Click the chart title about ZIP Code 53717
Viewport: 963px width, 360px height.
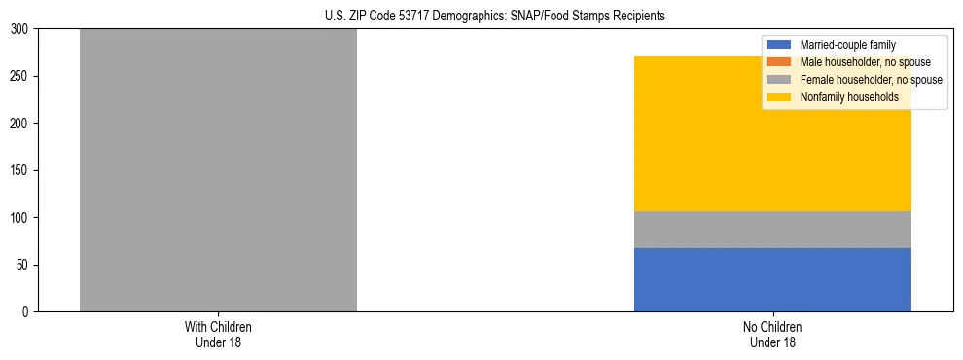click(x=495, y=17)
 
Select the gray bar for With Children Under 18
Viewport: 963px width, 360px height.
click(x=218, y=170)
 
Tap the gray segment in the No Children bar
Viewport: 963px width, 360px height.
click(x=772, y=230)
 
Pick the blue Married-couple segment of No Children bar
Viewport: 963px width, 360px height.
click(x=772, y=280)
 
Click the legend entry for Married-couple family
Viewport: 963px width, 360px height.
click(x=847, y=45)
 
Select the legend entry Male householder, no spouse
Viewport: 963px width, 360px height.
click(x=865, y=62)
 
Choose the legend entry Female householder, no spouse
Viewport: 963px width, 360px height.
click(x=871, y=80)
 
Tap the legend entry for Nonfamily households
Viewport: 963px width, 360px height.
click(x=849, y=97)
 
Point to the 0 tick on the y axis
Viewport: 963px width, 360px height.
click(x=27, y=312)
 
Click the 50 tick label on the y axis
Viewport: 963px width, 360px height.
click(x=24, y=265)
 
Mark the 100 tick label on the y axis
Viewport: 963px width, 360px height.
click(x=21, y=218)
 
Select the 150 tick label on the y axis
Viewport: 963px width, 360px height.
click(x=21, y=170)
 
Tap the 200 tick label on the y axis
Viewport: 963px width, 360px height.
click(x=21, y=124)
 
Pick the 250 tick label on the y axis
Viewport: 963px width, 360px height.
click(x=21, y=76)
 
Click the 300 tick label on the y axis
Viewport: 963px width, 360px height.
click(x=21, y=29)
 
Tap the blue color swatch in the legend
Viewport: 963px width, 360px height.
click(x=779, y=45)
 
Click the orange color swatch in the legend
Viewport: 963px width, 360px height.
click(x=779, y=62)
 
